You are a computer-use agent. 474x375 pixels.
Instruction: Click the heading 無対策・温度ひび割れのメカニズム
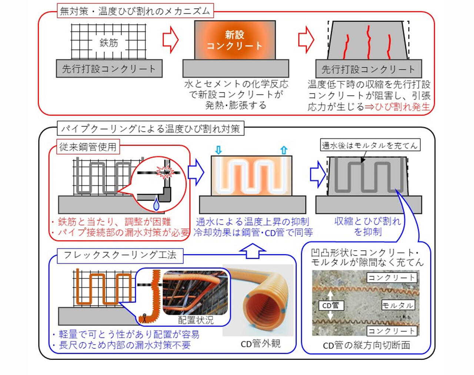point(135,11)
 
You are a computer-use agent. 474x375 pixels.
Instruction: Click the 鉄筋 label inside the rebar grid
point(109,43)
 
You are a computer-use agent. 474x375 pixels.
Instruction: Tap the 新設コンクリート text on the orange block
point(234,40)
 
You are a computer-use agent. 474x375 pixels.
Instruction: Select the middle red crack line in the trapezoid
point(368,41)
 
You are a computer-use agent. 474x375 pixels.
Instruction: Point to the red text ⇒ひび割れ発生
point(397,107)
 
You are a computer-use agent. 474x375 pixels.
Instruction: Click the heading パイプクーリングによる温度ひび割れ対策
point(150,129)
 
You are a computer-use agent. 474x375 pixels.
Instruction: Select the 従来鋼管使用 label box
point(88,147)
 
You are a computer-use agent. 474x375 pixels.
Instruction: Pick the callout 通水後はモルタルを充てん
point(370,145)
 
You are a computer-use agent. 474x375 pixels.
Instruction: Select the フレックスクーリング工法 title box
point(120,255)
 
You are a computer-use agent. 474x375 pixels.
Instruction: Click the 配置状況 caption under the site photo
point(196,320)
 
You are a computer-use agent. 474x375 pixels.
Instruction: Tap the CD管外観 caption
point(261,344)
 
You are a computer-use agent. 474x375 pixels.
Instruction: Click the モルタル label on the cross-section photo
point(398,305)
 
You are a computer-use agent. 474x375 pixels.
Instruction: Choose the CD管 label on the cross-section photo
point(331,305)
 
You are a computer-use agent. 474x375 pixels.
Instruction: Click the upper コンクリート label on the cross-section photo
point(391,278)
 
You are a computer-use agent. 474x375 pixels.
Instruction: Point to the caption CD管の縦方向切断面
point(366,345)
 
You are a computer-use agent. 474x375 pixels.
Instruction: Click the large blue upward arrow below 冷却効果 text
point(253,251)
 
